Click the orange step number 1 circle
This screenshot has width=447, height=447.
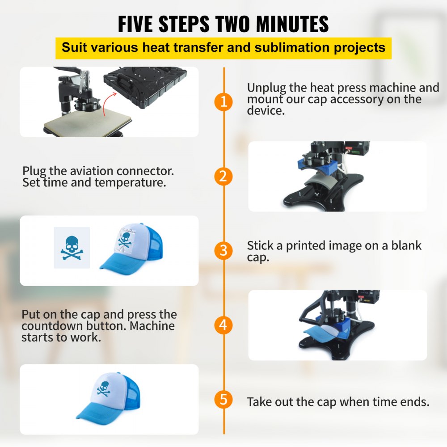pos(223,102)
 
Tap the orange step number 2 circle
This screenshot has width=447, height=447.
pos(223,177)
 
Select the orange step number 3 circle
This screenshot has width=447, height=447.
pos(223,251)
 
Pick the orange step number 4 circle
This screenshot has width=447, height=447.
pos(223,325)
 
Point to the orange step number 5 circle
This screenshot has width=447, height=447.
pos(223,399)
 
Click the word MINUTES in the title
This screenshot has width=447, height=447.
pos(292,24)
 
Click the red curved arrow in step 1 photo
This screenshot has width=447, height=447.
pos(108,104)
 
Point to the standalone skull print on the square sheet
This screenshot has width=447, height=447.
pos(72,248)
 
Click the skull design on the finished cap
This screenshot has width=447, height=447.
pos(103,389)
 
